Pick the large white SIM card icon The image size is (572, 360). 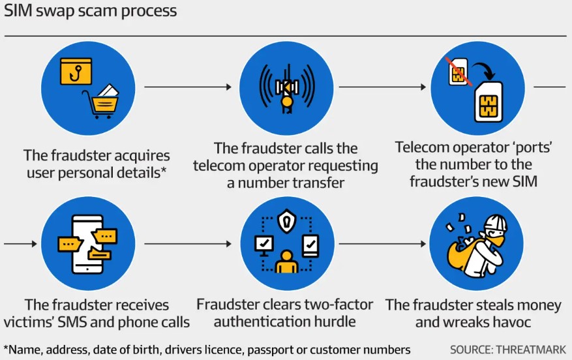(492, 102)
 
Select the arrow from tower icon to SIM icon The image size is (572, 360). (382, 87)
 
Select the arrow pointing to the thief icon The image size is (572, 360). (382, 245)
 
